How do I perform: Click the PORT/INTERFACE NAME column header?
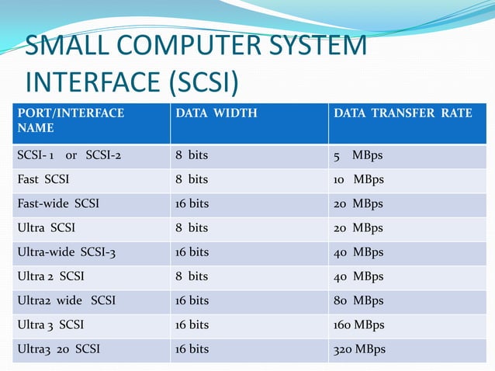click(71, 120)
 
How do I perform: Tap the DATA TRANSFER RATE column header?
click(403, 113)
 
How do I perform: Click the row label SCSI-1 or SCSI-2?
click(69, 155)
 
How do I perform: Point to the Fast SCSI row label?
click(43, 179)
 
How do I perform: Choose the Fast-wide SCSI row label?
click(57, 203)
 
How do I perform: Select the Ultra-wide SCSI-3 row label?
click(66, 251)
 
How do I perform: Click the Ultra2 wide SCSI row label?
click(66, 300)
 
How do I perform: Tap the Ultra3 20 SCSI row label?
click(58, 348)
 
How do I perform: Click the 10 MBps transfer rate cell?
click(358, 179)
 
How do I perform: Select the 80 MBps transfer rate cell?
click(358, 300)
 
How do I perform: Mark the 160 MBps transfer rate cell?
click(359, 324)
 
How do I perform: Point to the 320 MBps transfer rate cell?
click(359, 348)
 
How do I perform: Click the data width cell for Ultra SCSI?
click(192, 227)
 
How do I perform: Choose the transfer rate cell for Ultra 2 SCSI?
click(358, 276)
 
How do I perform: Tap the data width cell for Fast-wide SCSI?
click(192, 203)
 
